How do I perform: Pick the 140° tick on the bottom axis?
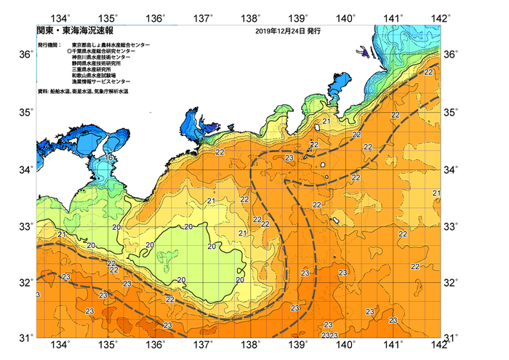click(345, 345)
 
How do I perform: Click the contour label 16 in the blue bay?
click(108, 157)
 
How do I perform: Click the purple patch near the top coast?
click(361, 52)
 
